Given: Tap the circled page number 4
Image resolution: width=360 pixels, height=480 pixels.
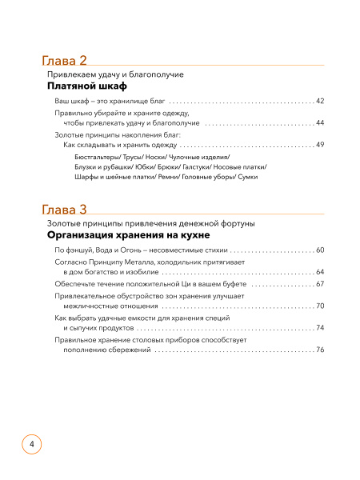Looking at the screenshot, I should [30, 443].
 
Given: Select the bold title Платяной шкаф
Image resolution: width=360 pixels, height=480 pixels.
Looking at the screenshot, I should [88, 86].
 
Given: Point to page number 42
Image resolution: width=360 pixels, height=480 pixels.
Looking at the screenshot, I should [319, 102].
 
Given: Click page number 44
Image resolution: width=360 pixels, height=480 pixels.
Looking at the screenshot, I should [319, 123].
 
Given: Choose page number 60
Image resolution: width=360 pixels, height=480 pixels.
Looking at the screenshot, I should [319, 250].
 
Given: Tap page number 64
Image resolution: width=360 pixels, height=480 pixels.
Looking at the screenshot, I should [319, 272].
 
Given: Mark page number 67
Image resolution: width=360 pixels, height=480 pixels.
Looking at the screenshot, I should [319, 284].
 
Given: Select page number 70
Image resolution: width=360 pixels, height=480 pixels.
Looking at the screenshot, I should [319, 306].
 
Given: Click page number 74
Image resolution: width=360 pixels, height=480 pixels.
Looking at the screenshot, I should [319, 327].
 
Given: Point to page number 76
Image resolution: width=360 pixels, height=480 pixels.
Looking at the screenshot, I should [319, 350].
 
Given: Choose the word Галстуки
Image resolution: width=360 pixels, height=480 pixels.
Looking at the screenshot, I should [198, 166].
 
